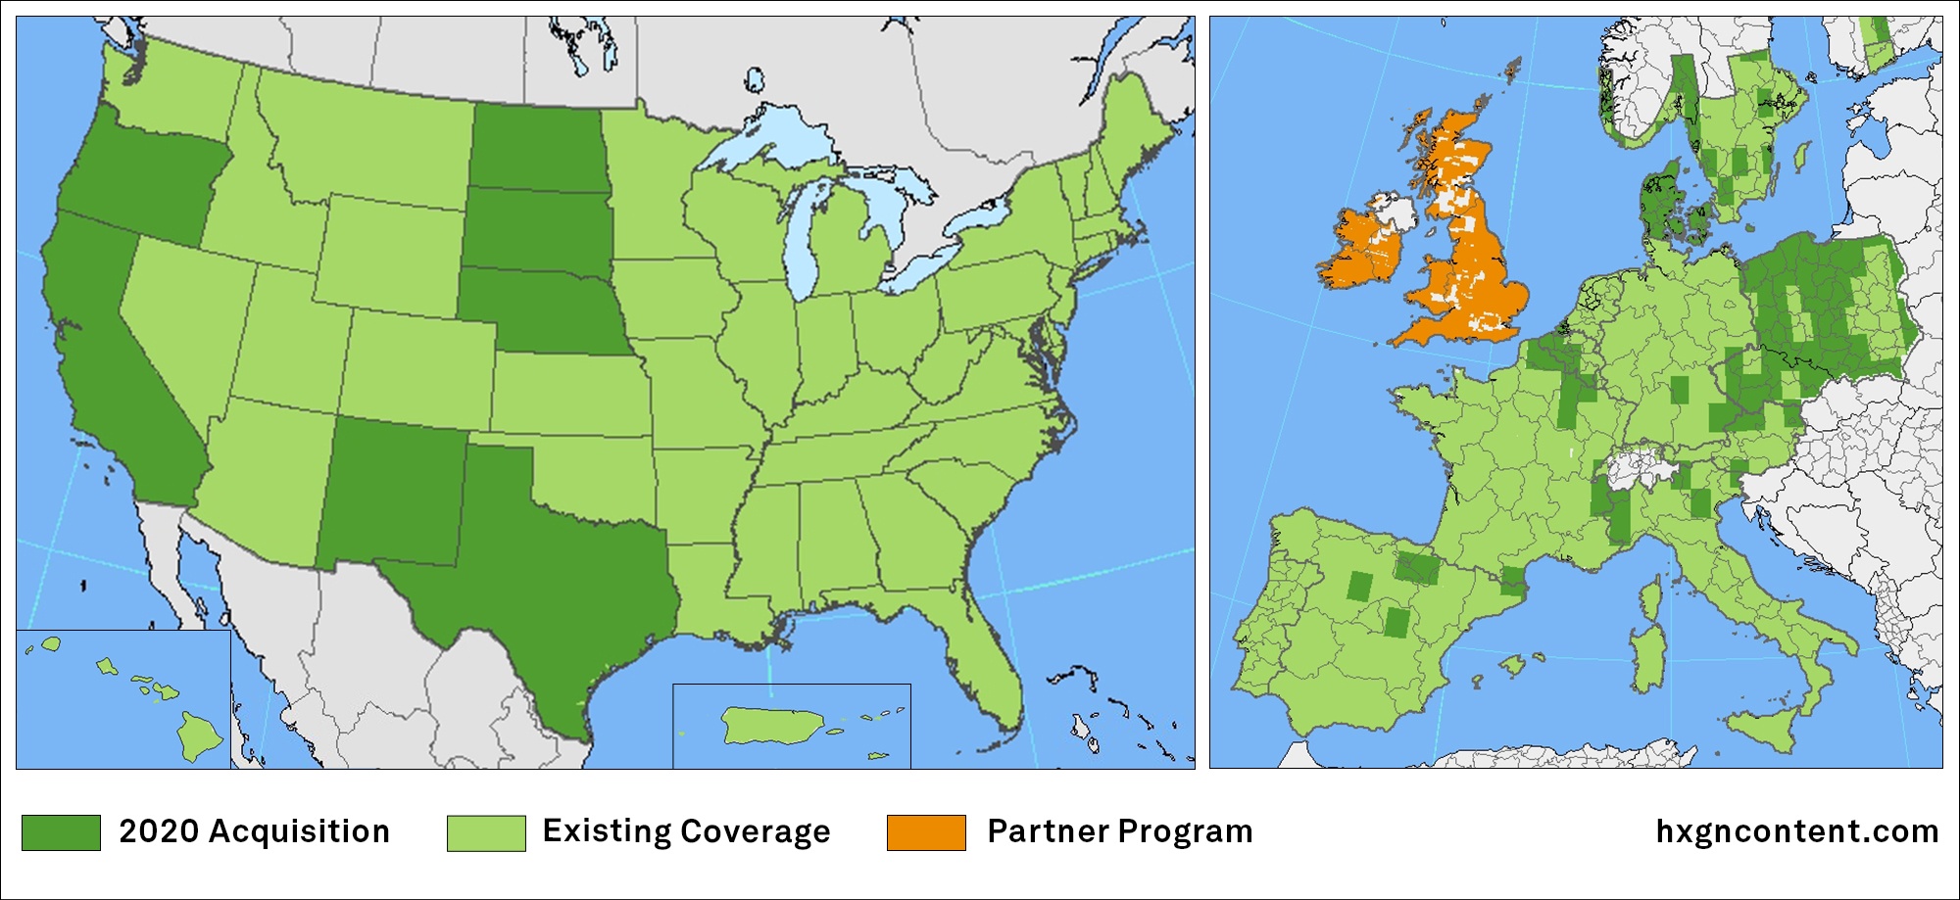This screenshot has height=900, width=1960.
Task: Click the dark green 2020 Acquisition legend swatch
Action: [61, 832]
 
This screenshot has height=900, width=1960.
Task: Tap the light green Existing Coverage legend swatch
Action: [486, 832]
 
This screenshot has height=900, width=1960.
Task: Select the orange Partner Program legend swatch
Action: [926, 832]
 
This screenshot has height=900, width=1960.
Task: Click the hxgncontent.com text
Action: [1796, 831]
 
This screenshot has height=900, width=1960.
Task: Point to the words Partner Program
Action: [1119, 831]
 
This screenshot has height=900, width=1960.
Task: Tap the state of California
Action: [108, 362]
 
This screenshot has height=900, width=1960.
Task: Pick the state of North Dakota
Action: [534, 147]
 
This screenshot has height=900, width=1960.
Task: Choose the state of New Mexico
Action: [392, 490]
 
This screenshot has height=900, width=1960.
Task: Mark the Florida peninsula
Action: [990, 656]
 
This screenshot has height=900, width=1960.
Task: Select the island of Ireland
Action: [1362, 250]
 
